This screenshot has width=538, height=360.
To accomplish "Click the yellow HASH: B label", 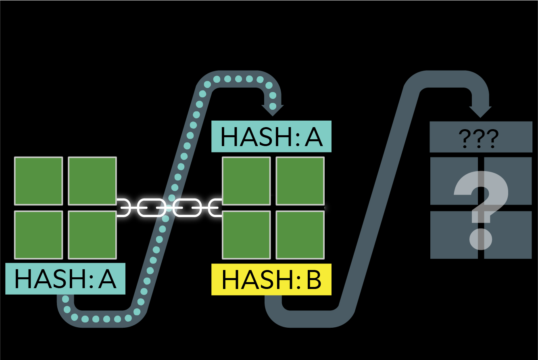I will [271, 279].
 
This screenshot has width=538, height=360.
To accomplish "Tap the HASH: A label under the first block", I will [65, 278].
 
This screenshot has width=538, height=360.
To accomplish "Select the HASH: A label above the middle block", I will [271, 136].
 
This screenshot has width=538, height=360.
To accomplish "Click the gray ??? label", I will [481, 137].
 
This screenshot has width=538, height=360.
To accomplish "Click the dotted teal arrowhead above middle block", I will [273, 108].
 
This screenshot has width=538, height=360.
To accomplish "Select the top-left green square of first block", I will [39, 181].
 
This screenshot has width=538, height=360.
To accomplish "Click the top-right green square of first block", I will [92, 181].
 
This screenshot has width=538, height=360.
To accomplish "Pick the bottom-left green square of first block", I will [39, 234].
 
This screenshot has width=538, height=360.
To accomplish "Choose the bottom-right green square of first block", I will [92, 234].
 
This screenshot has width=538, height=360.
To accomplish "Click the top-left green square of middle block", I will [246, 181].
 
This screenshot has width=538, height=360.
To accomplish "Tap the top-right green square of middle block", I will [300, 181].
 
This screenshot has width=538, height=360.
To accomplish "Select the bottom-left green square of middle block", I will [246, 234].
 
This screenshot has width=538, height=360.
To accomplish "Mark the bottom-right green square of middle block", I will [300, 234].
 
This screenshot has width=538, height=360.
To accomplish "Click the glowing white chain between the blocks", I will [169, 207].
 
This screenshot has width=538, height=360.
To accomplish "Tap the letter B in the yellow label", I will [313, 280].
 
